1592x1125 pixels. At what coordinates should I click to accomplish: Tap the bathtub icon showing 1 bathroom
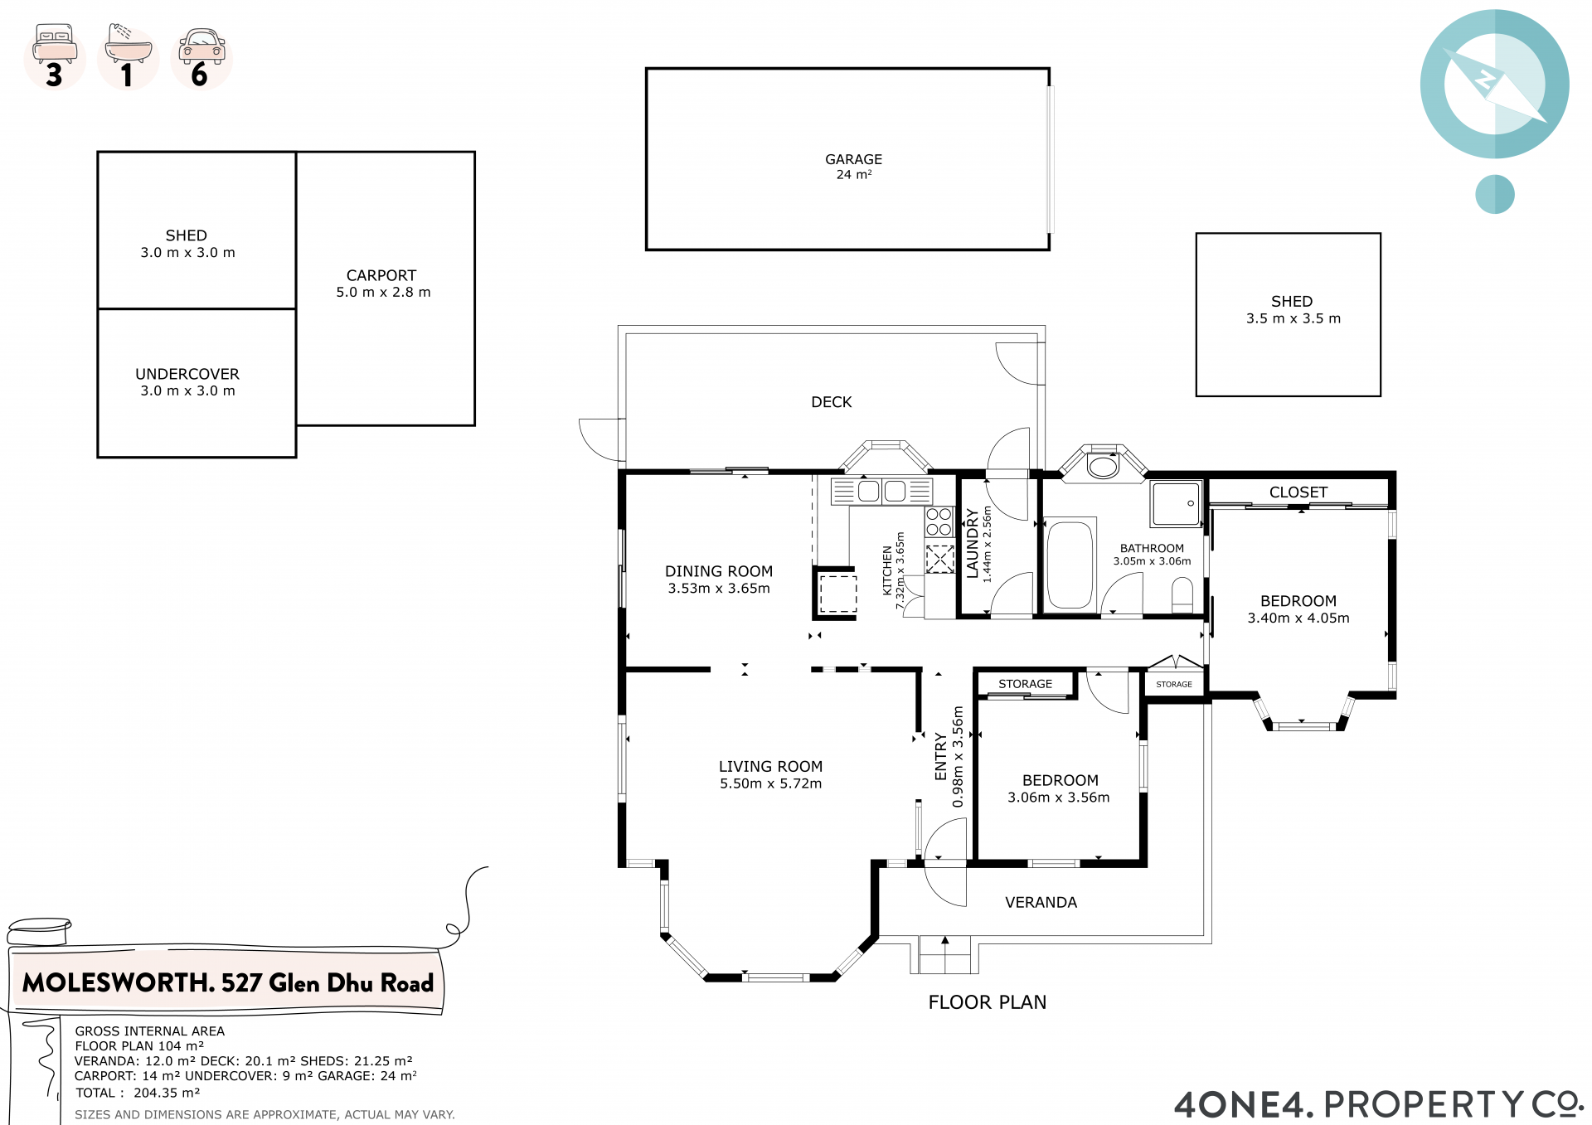coord(128,43)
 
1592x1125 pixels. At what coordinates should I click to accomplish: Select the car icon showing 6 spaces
coord(201,46)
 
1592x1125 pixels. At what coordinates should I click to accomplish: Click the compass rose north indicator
coord(1494,84)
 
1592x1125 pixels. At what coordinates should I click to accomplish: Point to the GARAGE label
coord(853,159)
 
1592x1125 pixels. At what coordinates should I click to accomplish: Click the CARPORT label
coord(381,275)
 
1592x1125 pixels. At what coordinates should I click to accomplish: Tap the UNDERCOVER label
coord(187,374)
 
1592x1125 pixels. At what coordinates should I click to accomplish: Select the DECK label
coord(832,402)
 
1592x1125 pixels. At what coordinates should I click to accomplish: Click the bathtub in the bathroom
coord(1070,565)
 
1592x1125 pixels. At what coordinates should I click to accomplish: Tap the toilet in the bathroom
coord(1182,595)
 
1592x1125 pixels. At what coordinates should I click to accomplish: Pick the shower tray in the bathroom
coord(1176,503)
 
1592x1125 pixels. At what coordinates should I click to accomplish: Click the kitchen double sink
coord(882,491)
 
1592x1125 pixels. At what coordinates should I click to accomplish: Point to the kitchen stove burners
coord(939,522)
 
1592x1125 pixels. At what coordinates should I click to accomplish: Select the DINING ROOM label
coord(719,571)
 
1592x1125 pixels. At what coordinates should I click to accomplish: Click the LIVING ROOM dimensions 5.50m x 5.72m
coord(771,783)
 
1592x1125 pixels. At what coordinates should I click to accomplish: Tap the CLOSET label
coord(1298,492)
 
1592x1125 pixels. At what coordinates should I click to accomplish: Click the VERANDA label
coord(1041,902)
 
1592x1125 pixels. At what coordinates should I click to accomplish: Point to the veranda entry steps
coord(944,954)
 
